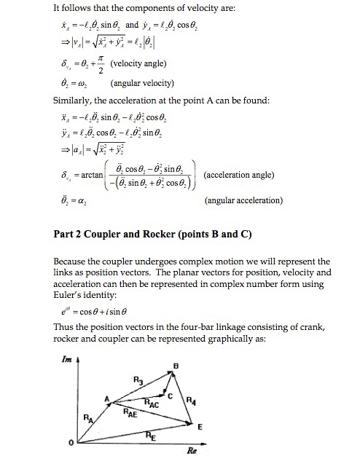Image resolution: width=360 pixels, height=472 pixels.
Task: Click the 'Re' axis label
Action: point(192,451)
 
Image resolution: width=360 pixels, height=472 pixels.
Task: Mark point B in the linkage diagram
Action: point(176,365)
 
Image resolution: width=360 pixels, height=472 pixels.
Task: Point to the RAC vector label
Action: point(152,402)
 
